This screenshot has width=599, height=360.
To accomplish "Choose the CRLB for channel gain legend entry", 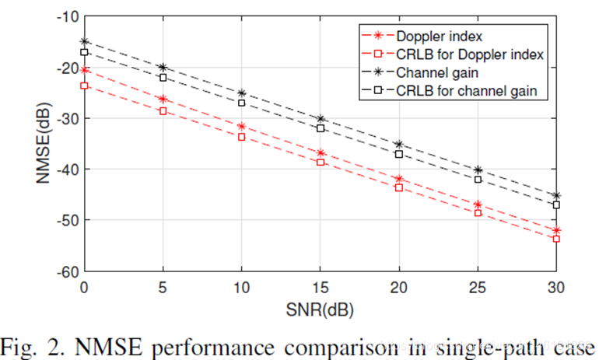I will pos(465,92).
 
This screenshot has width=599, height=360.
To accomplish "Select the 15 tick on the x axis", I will pos(321,287).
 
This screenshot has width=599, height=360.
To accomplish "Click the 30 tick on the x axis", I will pos(556,287).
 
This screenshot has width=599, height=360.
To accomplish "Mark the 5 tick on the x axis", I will pos(163,287).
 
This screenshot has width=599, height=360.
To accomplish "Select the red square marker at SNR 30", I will pos(556,239).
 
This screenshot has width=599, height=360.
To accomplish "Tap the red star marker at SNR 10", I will pos(242,126).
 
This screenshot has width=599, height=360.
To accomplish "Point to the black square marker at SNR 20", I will pos(399,154).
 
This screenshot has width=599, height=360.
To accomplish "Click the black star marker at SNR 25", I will pos(478,170).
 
